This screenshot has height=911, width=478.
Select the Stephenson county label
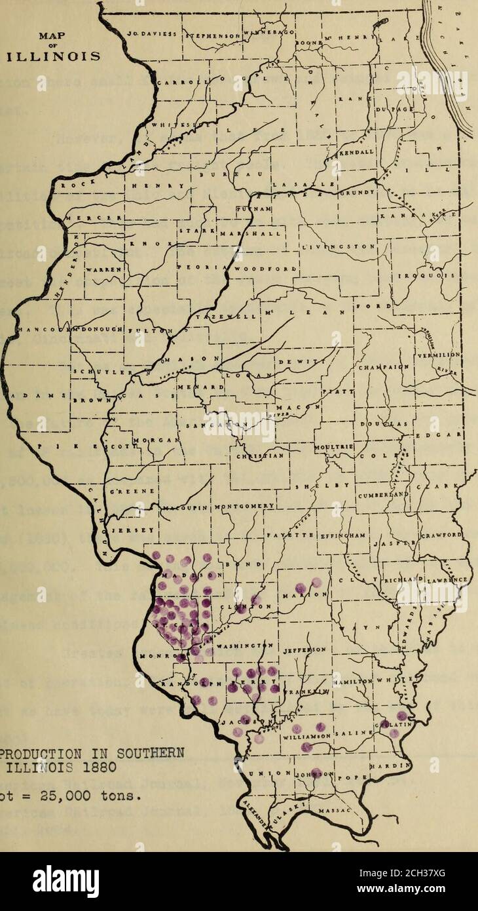click(211, 35)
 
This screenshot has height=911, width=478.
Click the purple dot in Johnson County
click(316, 772)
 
